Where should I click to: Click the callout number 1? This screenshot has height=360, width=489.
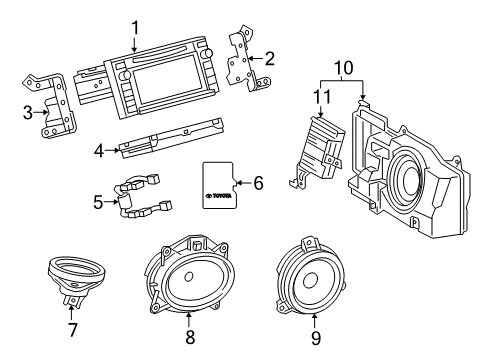[x=135, y=27]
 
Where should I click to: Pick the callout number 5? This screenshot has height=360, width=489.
[x=98, y=201]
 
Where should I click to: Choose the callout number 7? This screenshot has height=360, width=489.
[x=73, y=328]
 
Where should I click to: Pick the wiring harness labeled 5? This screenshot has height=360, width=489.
[x=140, y=198]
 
